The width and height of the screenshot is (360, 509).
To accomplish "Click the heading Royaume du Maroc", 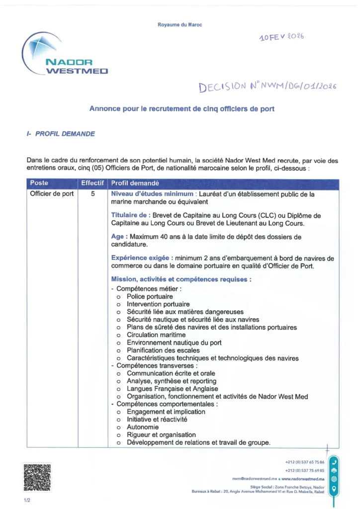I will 180,24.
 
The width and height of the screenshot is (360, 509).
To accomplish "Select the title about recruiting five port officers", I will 181,108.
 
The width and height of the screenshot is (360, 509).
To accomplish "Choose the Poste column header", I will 39,183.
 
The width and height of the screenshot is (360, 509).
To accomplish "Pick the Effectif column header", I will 92,183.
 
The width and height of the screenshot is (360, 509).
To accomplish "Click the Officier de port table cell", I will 52,194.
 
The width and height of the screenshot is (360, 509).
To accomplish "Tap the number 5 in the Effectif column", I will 93,194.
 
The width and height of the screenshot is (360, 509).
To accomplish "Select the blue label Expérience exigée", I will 142,258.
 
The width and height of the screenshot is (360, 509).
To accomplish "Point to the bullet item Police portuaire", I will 150,296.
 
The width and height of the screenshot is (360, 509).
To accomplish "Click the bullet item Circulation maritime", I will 156,335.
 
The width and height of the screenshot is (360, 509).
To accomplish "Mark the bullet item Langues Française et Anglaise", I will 172,389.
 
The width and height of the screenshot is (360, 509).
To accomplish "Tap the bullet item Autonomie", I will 143,427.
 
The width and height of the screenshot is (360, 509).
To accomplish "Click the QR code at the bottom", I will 37,477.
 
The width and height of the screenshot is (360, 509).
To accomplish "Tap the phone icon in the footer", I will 334,462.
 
